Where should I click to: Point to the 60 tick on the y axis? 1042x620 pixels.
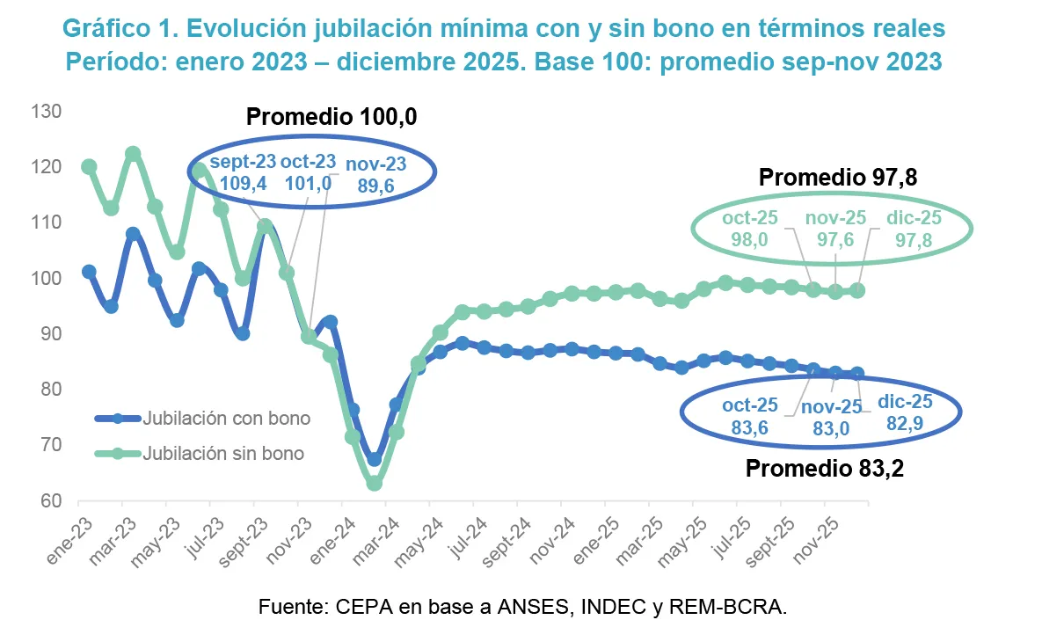[x=48, y=501]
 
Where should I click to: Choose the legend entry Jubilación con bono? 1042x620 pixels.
[x=228, y=419]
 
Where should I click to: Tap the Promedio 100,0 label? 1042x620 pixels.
[x=331, y=118]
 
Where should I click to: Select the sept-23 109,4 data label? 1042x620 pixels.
[x=242, y=173]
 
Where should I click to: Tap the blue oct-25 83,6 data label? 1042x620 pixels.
[x=750, y=416]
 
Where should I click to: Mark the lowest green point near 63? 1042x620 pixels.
[x=375, y=484]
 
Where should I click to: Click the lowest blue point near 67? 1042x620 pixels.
[x=375, y=459]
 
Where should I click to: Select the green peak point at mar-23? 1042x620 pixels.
[x=133, y=154]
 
